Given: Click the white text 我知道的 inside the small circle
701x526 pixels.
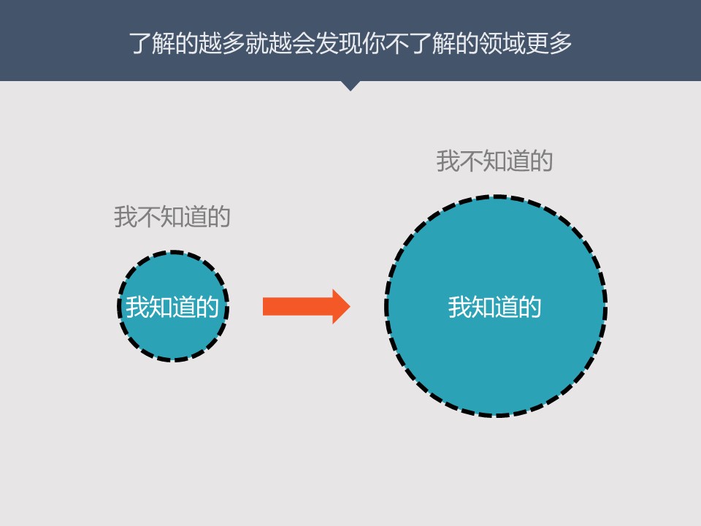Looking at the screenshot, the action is (172, 307).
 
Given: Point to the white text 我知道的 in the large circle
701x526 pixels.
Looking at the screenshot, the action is (495, 307).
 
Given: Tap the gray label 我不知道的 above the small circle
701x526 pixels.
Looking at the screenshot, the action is (172, 217).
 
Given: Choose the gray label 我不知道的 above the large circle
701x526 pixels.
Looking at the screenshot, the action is (495, 161).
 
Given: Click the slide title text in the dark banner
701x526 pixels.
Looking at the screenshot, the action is (350, 43).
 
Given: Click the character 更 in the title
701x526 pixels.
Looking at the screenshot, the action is (535, 43).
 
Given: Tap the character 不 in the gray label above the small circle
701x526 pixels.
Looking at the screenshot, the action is (149, 217).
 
